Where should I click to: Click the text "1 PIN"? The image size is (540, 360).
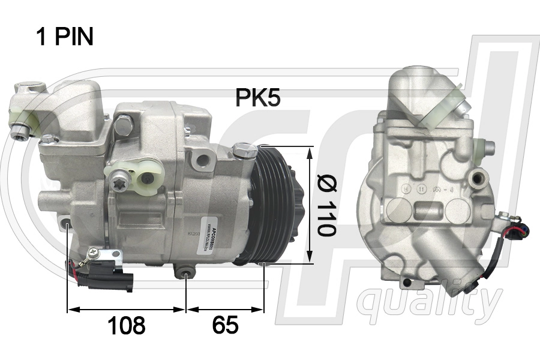(x=65, y=37)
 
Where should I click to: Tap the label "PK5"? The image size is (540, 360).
(x=257, y=98)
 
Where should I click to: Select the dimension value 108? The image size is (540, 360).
(x=126, y=326)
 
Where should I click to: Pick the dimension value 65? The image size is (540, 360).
(x=225, y=326)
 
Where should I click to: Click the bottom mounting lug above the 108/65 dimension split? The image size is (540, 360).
(x=187, y=274)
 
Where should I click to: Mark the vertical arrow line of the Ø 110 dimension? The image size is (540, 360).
(x=310, y=205)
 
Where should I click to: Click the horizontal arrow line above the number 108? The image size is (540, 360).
(x=126, y=310)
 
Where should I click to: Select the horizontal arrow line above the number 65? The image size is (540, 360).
(x=225, y=310)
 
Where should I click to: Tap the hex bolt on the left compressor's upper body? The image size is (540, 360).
(x=123, y=125)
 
